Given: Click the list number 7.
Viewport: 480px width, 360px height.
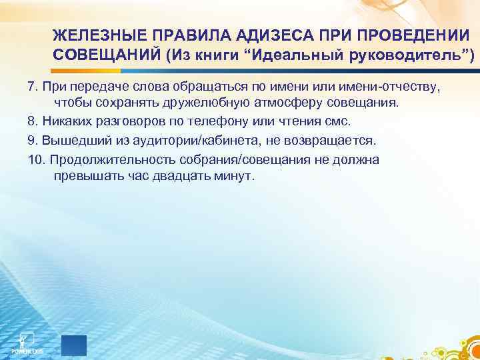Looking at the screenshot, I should (32, 88).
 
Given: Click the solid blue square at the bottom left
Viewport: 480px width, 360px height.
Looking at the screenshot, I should (73, 346).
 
